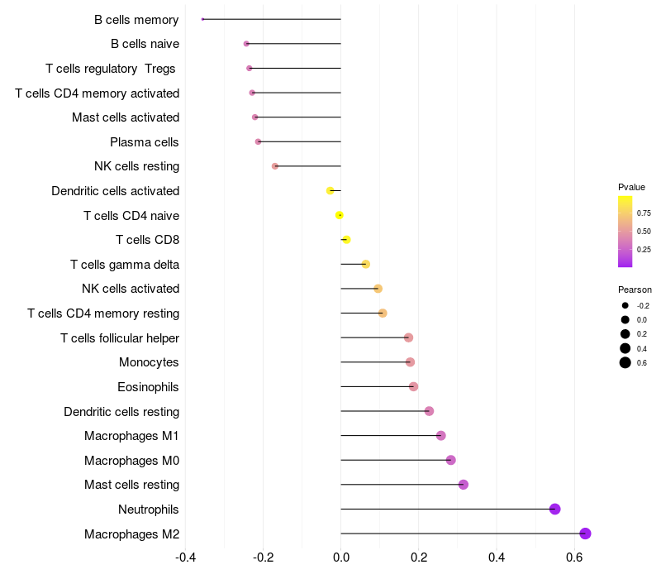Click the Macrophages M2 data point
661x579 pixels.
[x=585, y=534]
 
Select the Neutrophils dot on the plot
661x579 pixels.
[x=554, y=509]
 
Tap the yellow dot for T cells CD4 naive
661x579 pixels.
[x=340, y=215]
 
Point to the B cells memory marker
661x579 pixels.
[x=202, y=19]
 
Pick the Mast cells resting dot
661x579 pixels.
[x=464, y=485]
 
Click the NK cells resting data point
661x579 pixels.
[x=275, y=166]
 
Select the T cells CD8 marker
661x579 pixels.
[x=346, y=240]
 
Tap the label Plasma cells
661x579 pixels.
[x=145, y=142]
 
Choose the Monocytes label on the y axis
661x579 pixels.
[x=149, y=362]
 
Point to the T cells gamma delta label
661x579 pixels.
[x=125, y=265]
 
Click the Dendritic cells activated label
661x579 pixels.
[x=115, y=191]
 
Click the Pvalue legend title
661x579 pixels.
[x=631, y=187]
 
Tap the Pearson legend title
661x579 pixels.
[x=635, y=289]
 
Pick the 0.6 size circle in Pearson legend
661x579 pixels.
[x=625, y=362]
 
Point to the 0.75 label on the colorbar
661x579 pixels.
[x=644, y=213]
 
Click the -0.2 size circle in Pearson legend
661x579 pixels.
[x=625, y=305]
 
